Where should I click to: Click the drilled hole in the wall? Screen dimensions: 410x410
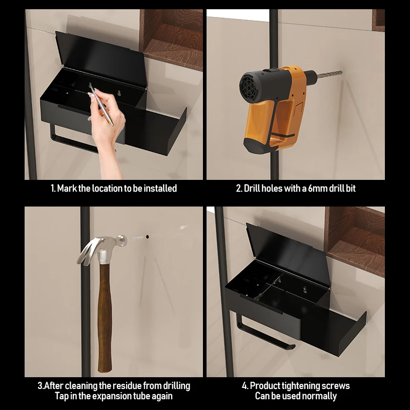[x=148, y=237]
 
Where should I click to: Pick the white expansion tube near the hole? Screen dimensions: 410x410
[x=138, y=238]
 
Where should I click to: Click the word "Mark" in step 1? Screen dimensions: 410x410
[x=67, y=188]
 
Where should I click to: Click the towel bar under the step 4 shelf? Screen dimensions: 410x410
[x=264, y=332]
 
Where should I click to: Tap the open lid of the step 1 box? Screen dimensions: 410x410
[x=100, y=59]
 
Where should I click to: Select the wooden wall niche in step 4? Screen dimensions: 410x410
[x=355, y=240]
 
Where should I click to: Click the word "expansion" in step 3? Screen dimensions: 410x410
[x=112, y=396]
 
